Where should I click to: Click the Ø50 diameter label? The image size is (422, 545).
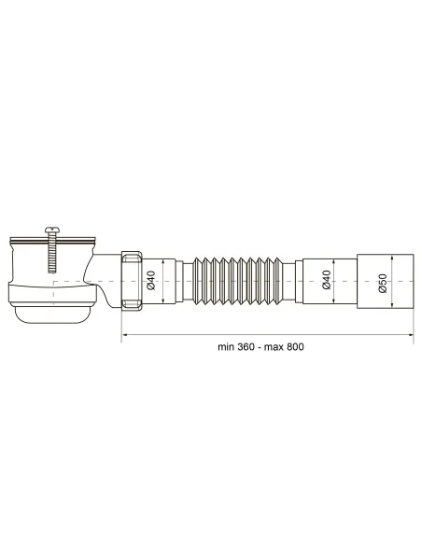point(383,282)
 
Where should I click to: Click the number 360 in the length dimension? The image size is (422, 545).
point(232,346)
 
